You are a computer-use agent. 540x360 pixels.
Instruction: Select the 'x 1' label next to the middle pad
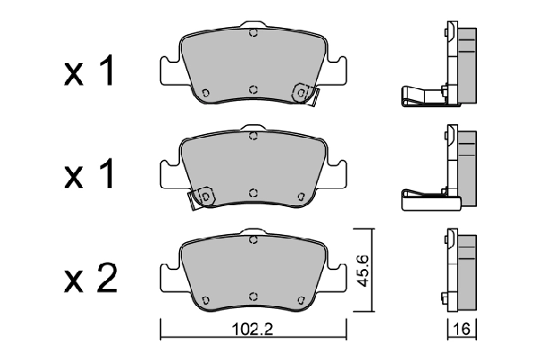coord(89,176)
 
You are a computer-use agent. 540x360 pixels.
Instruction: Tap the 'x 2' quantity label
coord(89,280)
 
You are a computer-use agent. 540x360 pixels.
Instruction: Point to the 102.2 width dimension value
coord(252,328)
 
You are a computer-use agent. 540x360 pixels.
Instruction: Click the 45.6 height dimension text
coord(364,270)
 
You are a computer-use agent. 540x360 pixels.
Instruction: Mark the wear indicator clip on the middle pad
coord(202,196)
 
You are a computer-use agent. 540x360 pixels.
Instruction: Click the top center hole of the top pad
coord(253,35)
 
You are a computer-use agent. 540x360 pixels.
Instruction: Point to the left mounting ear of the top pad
coord(168,70)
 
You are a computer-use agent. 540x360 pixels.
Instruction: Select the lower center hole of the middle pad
coord(253,193)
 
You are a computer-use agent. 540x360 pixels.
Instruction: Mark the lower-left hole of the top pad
coord(205,91)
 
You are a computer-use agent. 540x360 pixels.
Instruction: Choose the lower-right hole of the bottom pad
coord(301,296)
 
